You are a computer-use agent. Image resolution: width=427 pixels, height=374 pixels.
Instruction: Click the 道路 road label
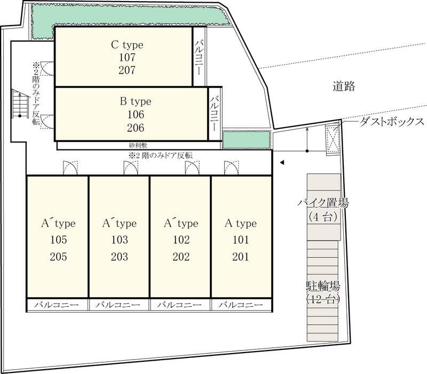[343, 86]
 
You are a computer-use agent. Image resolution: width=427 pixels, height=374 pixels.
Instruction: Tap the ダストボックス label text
[391, 122]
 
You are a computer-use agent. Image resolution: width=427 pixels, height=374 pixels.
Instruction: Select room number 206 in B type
[136, 128]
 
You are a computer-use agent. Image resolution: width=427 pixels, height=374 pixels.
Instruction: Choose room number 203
[119, 257]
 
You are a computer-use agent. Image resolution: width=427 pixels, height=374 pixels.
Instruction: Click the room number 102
[180, 240]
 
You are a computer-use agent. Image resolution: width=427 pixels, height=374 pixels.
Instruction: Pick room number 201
[241, 257]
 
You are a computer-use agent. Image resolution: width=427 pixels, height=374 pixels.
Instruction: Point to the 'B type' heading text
[136, 101]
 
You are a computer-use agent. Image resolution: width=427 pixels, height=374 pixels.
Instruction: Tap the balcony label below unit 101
[241, 305]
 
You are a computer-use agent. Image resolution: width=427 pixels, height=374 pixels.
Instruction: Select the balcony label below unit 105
[57, 305]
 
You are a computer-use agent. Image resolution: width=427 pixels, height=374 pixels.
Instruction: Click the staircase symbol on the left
[19, 105]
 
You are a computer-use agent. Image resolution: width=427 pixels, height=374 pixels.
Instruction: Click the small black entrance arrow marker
[283, 163]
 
